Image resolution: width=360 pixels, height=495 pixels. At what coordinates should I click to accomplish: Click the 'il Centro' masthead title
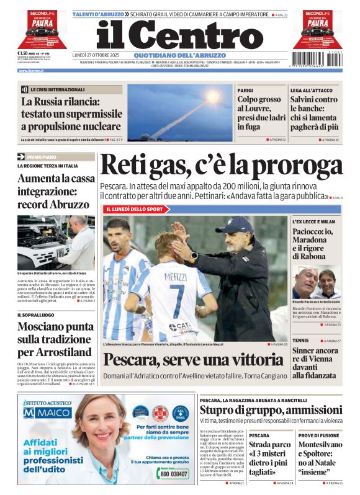[x=180, y=35]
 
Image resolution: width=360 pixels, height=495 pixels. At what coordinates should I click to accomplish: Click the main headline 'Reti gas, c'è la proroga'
[x=221, y=165]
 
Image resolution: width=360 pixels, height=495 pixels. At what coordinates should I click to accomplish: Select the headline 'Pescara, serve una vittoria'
[x=193, y=360]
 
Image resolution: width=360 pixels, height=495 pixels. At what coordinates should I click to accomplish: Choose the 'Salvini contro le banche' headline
[x=314, y=114]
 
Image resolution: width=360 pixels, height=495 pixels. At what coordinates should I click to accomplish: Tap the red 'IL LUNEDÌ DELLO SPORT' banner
[x=133, y=209]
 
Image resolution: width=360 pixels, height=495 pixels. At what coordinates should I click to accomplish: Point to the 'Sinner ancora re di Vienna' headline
[x=315, y=363]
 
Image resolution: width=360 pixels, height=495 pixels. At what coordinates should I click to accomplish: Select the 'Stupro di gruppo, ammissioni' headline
[x=271, y=411]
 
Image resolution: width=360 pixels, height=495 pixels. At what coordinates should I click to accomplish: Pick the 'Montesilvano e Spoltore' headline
[x=318, y=458]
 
